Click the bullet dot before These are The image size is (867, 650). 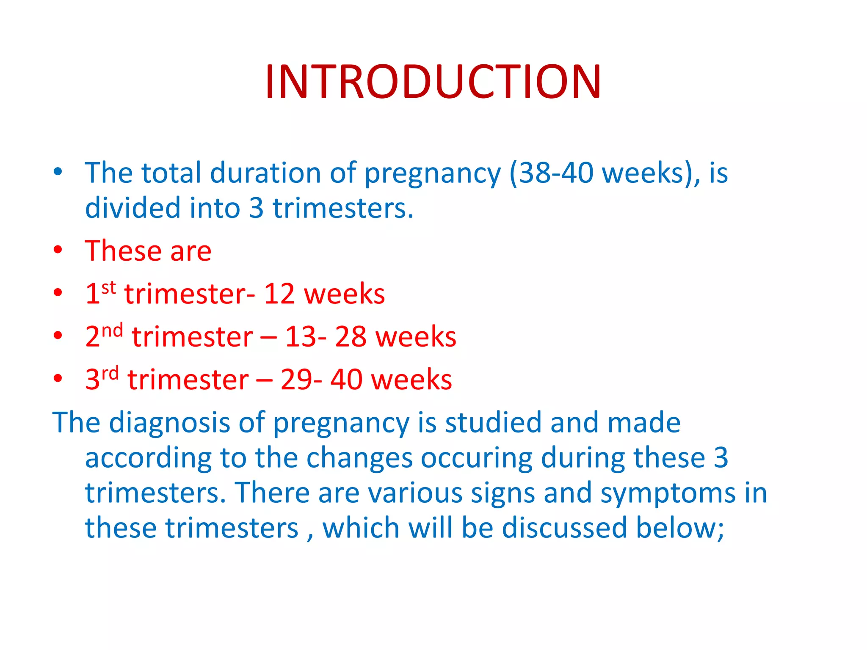click(58, 250)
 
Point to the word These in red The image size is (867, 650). click(123, 251)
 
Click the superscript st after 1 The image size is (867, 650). click(109, 288)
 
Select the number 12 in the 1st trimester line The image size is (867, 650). click(279, 294)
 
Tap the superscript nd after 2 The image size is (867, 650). click(113, 330)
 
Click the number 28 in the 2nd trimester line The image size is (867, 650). click(351, 337)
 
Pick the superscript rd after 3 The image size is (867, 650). click(110, 373)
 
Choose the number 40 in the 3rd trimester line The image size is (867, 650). click(346, 380)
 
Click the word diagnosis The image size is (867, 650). click(169, 423)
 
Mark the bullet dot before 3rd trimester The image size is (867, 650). click(58, 378)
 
